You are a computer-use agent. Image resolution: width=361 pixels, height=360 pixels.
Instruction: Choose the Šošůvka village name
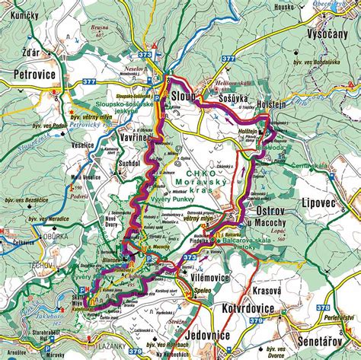(228, 99)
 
